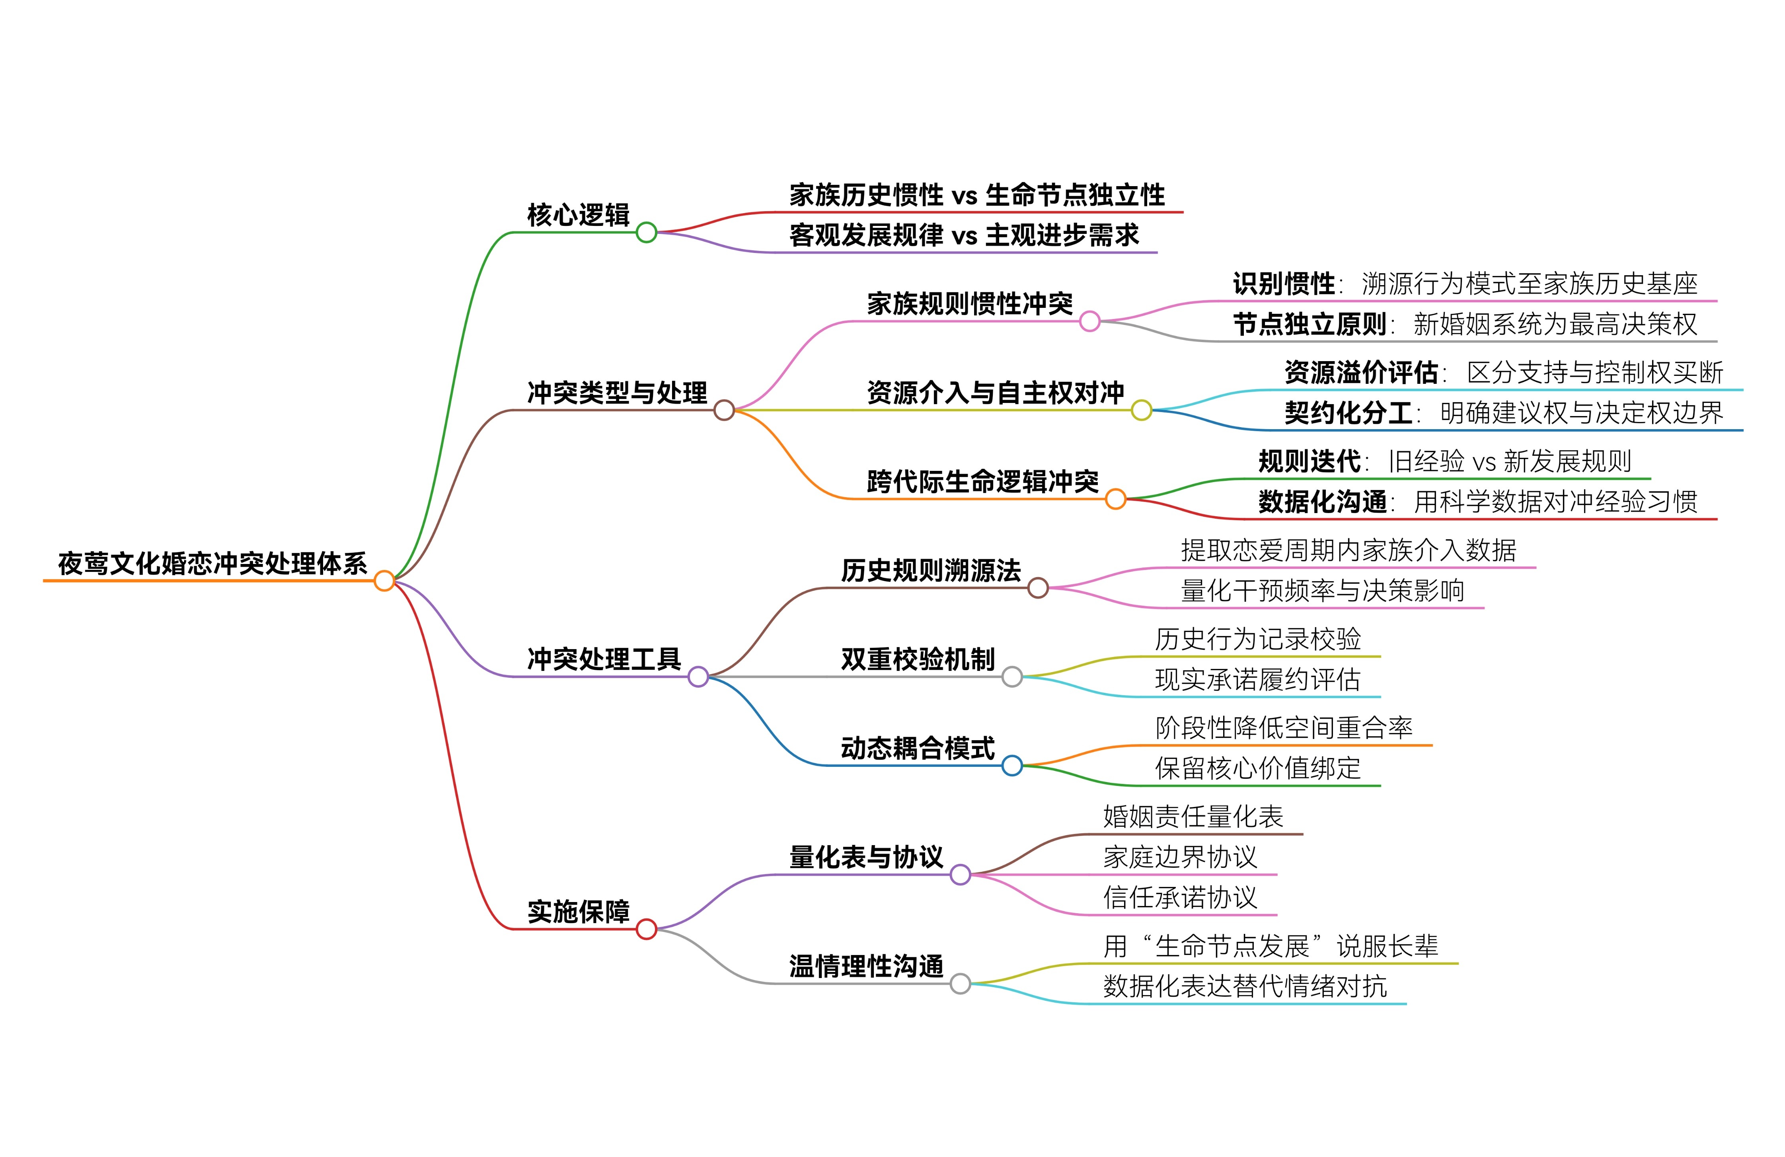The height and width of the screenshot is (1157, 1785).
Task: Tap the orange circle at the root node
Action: [384, 580]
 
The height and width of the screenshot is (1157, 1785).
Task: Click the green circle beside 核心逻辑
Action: [646, 232]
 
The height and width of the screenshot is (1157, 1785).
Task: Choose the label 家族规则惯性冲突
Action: [970, 304]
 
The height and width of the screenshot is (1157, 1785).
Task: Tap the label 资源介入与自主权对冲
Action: [995, 392]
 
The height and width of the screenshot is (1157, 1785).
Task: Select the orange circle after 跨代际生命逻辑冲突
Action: [1115, 499]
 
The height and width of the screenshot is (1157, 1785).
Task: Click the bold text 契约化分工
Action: [1348, 412]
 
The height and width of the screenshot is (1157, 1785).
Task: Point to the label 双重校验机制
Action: [917, 659]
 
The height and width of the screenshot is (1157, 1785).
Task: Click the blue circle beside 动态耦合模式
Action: [1012, 766]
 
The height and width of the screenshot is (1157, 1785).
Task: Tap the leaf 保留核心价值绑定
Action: [1257, 768]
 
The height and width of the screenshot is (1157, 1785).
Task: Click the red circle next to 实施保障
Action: [646, 929]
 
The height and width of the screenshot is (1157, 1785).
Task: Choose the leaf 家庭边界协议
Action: [1180, 856]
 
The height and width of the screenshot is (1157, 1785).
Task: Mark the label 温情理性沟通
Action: [866, 966]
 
